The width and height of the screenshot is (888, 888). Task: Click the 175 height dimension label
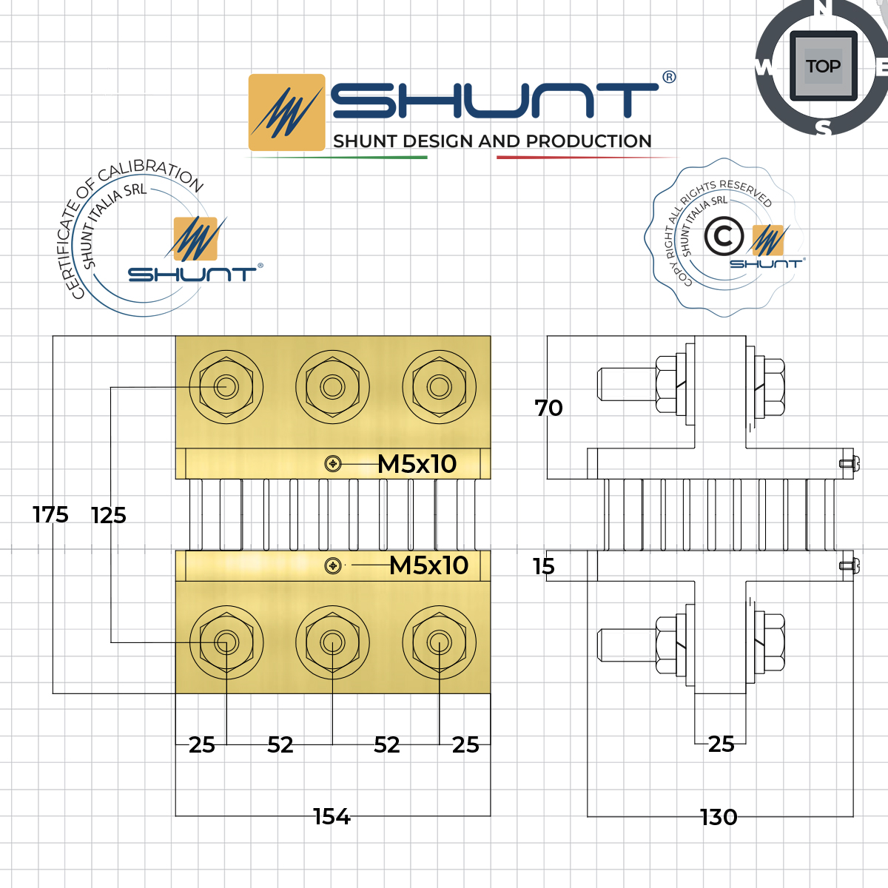point(50,514)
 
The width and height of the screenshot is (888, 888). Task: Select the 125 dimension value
point(109,515)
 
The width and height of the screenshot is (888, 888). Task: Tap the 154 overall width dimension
point(332,816)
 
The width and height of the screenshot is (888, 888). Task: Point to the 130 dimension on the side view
point(719,817)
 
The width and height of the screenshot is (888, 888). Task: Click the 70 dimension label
point(549,408)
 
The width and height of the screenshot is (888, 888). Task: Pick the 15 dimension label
point(544,567)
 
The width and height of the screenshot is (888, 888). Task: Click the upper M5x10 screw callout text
point(417,464)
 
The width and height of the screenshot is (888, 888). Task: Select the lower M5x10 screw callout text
point(429,565)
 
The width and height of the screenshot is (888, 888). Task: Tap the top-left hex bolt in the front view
point(226,387)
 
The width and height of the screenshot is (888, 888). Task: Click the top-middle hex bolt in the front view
point(332,387)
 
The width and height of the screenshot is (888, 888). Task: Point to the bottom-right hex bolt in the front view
point(439,642)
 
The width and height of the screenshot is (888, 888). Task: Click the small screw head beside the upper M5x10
point(333,464)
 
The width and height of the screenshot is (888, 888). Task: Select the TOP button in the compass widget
point(823,67)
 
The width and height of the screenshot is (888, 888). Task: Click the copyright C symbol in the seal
point(723,237)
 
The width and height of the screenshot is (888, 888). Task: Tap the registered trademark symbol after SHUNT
point(669,77)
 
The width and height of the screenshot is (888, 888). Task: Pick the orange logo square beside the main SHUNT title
point(286,112)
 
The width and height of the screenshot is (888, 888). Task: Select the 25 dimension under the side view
point(721,744)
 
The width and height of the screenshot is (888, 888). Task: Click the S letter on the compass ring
point(824,128)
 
